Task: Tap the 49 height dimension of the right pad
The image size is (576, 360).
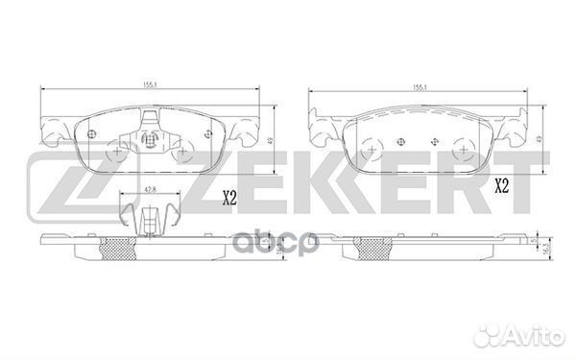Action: coord(540,139)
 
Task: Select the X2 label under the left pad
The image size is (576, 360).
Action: coord(229,200)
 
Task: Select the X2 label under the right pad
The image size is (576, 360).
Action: coord(500,185)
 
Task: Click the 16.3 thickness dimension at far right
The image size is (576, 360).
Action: coord(546,249)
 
